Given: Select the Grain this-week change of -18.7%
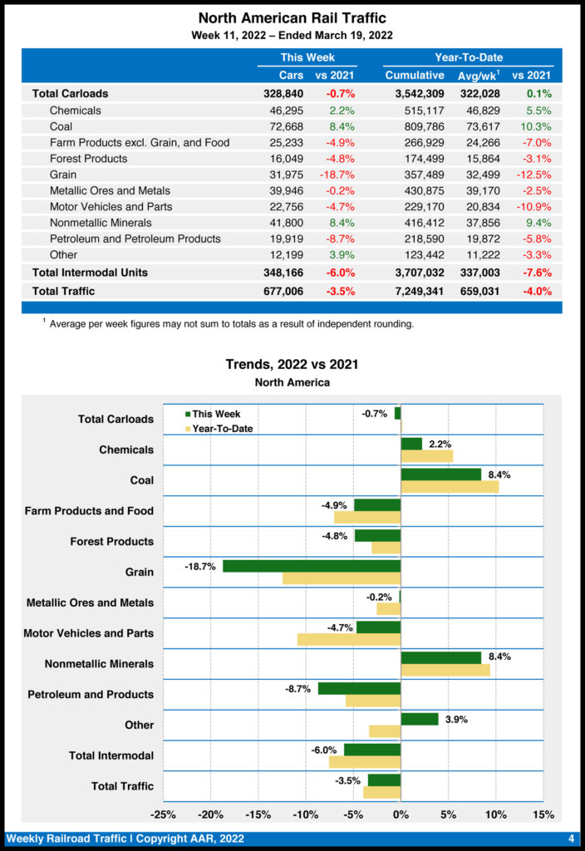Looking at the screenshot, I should [337, 175].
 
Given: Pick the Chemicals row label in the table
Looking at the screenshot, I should [75, 111].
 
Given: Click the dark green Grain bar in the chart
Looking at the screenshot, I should [312, 566].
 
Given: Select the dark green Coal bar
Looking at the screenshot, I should [440, 474].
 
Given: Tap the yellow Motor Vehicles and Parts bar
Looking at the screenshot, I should [349, 639].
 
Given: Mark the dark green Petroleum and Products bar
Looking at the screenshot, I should [359, 688].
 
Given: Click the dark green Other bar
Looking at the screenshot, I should [419, 719].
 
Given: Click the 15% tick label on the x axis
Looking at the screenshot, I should [543, 814].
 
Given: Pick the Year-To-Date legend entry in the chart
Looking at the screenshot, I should [218, 429].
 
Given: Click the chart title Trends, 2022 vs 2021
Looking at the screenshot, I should [292, 364].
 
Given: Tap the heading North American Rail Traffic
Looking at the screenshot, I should [292, 17].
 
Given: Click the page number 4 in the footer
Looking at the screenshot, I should [572, 838].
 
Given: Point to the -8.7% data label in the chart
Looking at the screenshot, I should [297, 689].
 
